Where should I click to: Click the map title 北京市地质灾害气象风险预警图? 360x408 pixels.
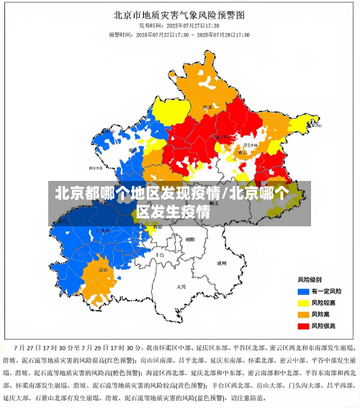179,14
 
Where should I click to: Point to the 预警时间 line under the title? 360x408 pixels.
179,34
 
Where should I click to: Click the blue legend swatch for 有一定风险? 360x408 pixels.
303,291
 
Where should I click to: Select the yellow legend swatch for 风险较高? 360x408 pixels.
303,302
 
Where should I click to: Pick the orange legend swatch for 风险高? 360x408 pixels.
303,314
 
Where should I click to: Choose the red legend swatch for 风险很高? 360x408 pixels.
303,326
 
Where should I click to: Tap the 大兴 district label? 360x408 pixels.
181,286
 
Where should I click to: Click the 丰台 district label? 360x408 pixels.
160,254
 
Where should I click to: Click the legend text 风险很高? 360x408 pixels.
326,326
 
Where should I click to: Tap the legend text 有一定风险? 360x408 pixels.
328,291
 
